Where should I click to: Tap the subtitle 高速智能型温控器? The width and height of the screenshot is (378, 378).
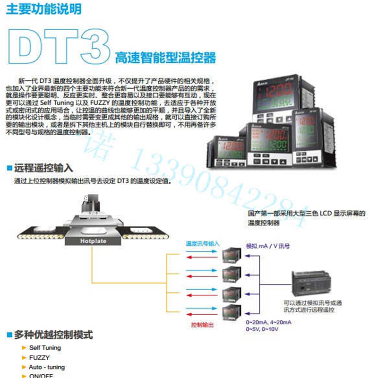[165, 58]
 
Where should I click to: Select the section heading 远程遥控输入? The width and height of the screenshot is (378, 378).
[43, 168]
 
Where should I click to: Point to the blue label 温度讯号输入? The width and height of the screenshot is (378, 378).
[202, 243]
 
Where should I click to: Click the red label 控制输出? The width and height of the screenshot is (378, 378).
[202, 325]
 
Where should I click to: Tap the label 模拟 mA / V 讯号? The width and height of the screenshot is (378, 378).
[268, 246]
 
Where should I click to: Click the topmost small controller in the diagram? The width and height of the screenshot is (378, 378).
[232, 256]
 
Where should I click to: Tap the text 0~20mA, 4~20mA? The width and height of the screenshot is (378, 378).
[268, 322]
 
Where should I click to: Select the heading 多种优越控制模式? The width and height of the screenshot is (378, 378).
[53, 335]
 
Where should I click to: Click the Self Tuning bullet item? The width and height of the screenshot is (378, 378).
[45, 348]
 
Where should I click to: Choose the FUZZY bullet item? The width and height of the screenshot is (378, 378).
[39, 358]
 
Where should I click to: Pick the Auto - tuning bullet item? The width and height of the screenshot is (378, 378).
[47, 367]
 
